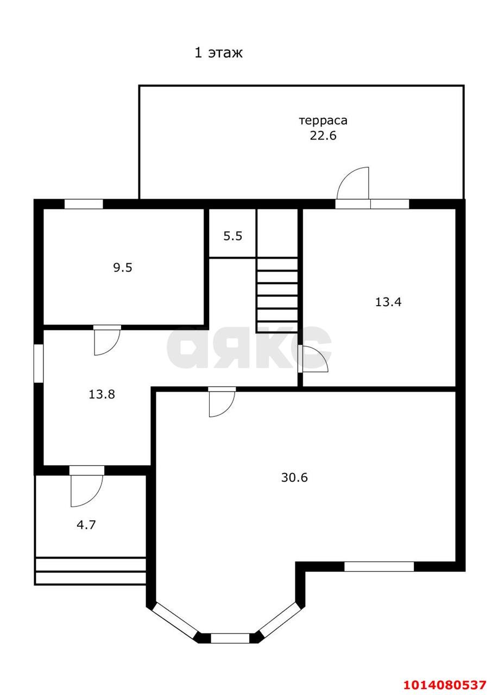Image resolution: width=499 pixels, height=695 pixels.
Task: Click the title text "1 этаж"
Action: [218, 53]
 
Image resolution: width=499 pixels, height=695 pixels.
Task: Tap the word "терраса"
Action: [323, 121]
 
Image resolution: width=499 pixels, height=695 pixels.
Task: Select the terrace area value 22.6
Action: [323, 135]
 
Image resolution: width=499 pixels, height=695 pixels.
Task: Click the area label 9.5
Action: [123, 267]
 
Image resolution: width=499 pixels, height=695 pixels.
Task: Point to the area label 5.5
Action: [232, 236]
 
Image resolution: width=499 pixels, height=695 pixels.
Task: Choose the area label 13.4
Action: [388, 302]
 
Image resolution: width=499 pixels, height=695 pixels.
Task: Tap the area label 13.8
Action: [102, 394]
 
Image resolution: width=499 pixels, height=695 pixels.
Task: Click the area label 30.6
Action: [295, 477]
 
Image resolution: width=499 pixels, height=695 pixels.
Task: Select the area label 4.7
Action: [86, 525]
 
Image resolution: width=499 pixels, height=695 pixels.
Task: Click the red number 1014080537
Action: [445, 684]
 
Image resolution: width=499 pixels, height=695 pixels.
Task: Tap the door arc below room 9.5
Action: [106, 342]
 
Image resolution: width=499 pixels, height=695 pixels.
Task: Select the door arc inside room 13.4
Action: [315, 359]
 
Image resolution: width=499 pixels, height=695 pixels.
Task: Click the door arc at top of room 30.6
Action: [222, 403]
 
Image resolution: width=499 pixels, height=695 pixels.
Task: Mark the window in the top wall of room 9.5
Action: [84, 204]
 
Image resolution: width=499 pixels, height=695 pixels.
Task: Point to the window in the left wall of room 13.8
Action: [39, 363]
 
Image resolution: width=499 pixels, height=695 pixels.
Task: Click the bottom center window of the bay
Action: [230, 638]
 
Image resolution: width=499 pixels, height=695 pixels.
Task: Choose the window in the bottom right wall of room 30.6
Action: [379, 566]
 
